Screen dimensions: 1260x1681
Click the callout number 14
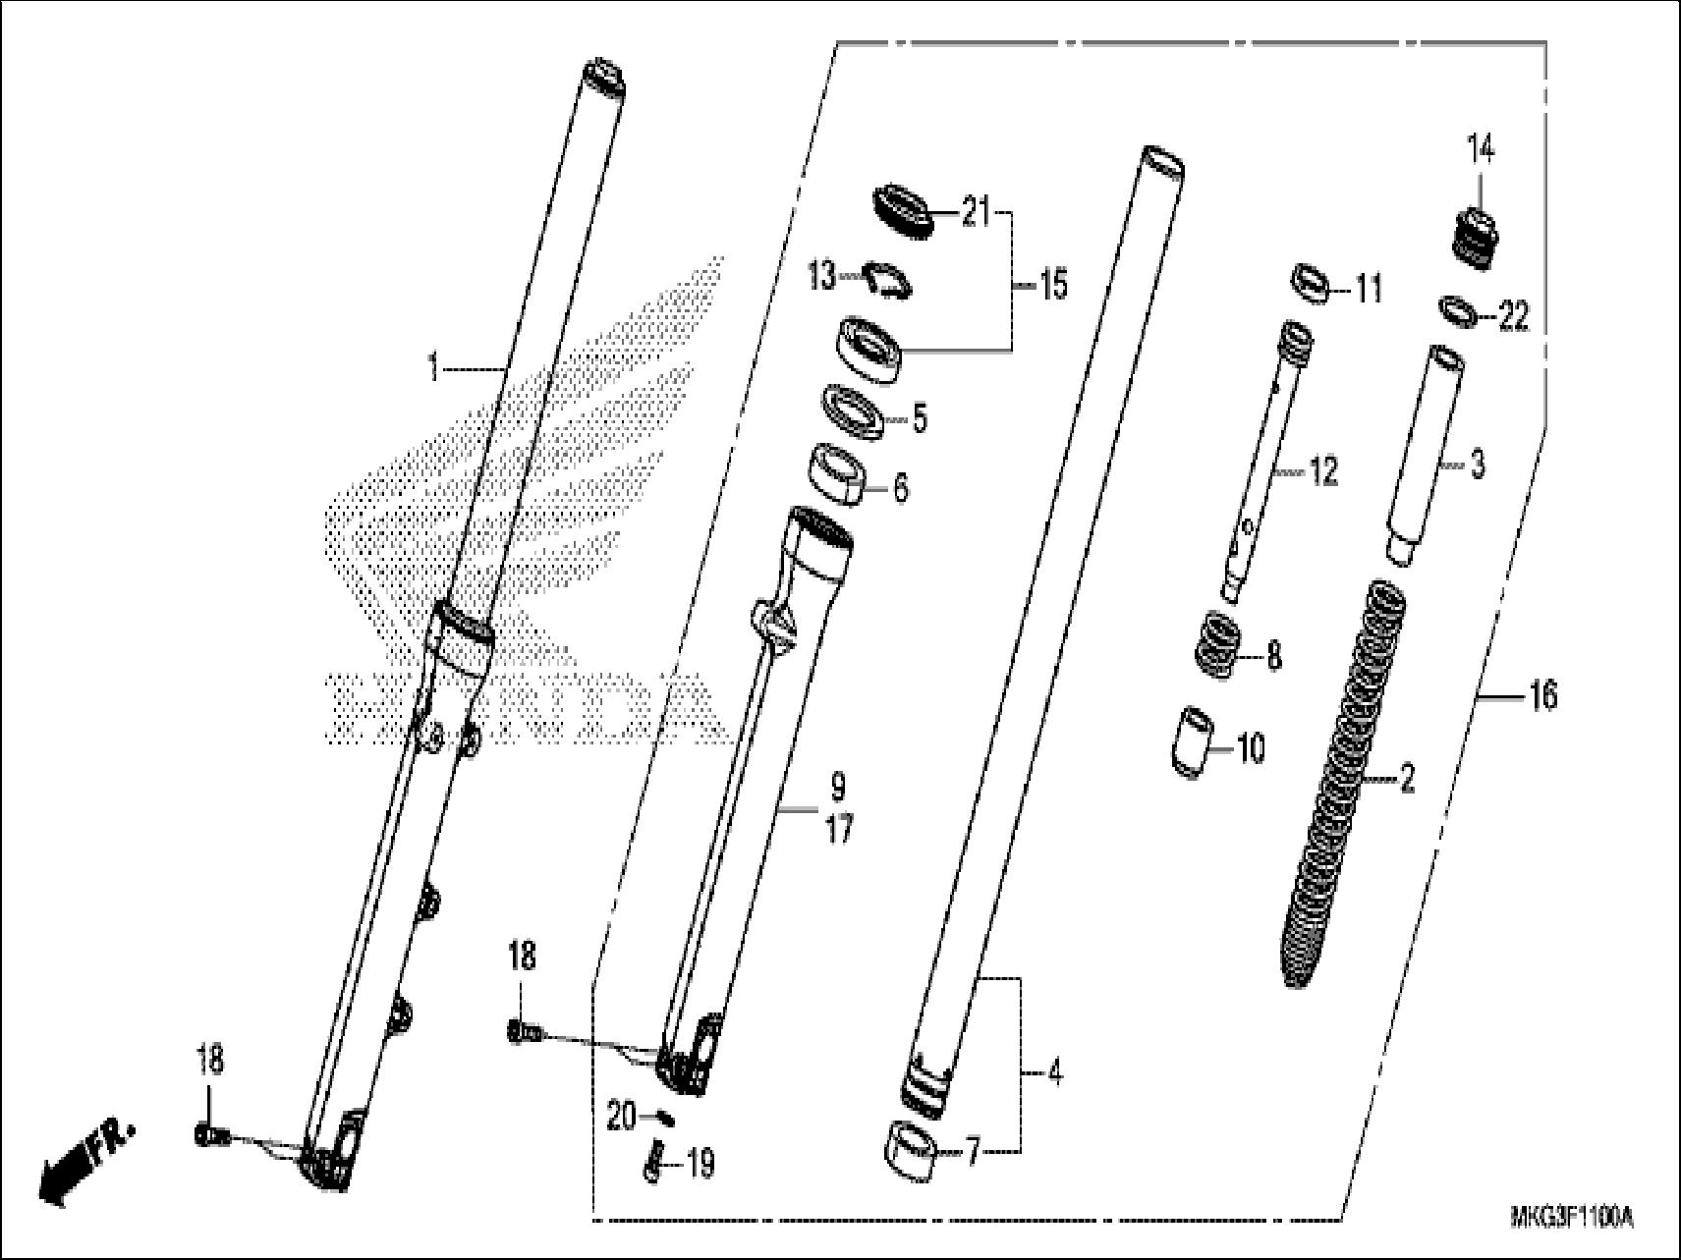click(1481, 150)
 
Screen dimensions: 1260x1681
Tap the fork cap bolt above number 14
click(1477, 237)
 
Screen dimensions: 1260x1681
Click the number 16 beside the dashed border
click(1543, 695)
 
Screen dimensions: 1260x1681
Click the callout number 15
click(1052, 287)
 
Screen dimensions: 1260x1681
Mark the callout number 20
click(621, 1118)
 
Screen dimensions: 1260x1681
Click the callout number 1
click(432, 369)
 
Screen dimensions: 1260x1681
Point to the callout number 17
click(838, 831)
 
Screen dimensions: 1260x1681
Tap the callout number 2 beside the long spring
click(1407, 780)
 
